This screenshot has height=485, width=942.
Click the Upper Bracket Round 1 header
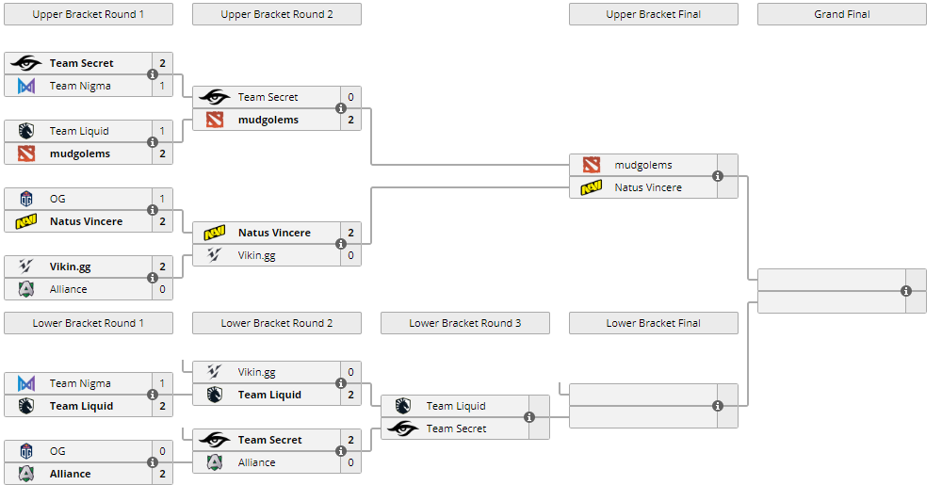pos(89,14)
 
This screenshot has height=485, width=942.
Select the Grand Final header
pos(841,14)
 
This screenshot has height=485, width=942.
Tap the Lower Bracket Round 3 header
pos(464,323)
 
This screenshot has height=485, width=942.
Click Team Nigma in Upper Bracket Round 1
pos(80,86)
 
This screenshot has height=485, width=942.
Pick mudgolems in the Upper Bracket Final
pos(642,165)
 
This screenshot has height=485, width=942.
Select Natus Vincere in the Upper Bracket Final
pos(648,187)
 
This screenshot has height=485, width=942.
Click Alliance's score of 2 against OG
pos(162,474)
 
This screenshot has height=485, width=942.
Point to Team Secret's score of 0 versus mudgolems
pos(350,97)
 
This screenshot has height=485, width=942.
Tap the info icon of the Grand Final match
pos(906,291)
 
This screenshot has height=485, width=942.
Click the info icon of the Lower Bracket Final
pos(718,406)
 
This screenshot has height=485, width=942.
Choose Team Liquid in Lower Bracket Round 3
pos(456,406)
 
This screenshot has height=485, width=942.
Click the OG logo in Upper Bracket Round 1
pos(26,199)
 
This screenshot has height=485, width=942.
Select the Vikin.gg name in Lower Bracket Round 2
pos(257,372)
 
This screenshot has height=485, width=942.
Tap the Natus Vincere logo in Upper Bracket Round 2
pos(215,233)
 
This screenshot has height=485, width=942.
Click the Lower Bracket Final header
pos(653,323)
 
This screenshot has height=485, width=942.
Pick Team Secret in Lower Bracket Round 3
pos(456,428)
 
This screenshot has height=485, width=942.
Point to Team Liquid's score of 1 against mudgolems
pos(162,131)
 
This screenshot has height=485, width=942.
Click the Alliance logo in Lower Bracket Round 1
pos(26,474)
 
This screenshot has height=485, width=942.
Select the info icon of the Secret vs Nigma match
pos(153,74)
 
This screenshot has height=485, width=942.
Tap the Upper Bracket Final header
pos(653,14)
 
